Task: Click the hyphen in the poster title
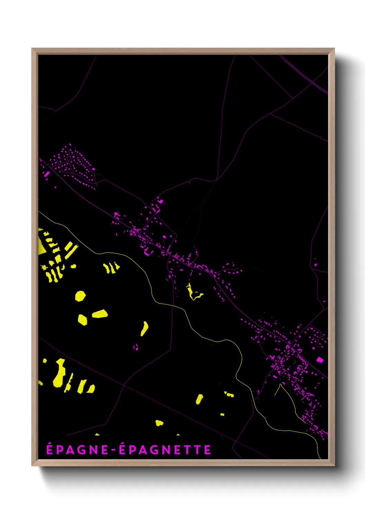(114, 450)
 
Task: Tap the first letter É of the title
(50, 449)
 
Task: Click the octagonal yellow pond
(80, 296)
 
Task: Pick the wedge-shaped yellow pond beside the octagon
(100, 314)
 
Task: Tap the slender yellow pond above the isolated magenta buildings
(144, 328)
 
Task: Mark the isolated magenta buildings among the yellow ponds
(136, 347)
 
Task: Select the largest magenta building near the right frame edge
(320, 360)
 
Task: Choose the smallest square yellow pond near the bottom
(222, 414)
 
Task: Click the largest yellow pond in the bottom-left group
(60, 373)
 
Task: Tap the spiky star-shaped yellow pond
(44, 267)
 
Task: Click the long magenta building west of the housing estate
(47, 174)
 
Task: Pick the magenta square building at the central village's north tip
(160, 201)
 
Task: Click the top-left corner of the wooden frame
(32, 49)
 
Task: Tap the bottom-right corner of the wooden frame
(334, 465)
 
